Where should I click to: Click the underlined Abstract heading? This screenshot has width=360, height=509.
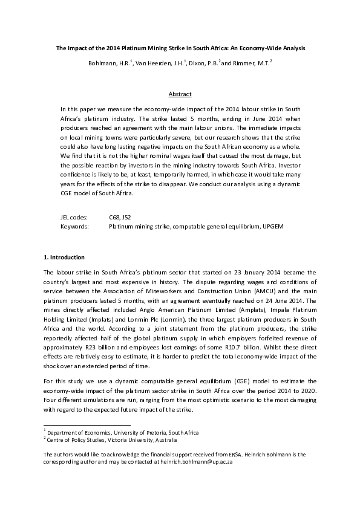pos(180,94)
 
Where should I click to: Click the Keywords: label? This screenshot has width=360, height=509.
pos(74,226)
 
